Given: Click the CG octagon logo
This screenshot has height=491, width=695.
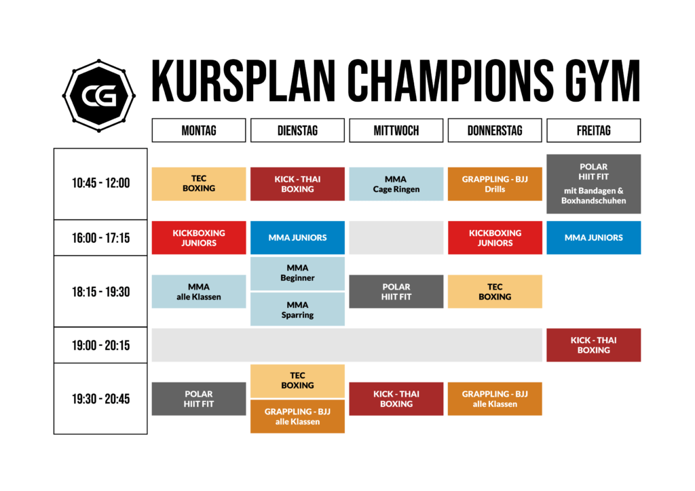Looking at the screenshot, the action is click(99, 96).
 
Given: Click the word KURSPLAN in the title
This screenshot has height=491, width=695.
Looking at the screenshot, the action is click(244, 81).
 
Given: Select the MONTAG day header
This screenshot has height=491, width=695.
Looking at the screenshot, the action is click(199, 131).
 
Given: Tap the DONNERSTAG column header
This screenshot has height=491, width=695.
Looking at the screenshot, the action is click(495, 131).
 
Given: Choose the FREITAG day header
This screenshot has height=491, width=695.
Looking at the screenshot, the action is click(593, 131).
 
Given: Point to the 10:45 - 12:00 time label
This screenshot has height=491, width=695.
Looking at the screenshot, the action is click(100, 183).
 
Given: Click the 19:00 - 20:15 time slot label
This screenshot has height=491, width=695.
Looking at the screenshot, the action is click(100, 345).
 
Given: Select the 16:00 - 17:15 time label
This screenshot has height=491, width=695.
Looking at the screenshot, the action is click(100, 238).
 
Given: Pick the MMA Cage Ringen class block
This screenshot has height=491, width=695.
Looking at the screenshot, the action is click(396, 184).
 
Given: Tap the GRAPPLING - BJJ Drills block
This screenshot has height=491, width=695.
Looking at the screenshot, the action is click(495, 184).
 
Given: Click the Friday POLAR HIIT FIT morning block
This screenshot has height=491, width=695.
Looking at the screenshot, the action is click(593, 184).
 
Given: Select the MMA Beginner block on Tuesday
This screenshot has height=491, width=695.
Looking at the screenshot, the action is click(297, 273).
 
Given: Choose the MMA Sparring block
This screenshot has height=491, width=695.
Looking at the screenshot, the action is click(297, 310).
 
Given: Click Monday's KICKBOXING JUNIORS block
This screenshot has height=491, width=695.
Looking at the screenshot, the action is click(199, 238).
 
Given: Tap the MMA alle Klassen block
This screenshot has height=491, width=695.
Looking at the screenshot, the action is click(199, 292).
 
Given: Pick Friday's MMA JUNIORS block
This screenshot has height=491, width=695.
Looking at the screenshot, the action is click(593, 238).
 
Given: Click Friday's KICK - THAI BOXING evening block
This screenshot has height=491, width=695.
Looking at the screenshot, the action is click(593, 345).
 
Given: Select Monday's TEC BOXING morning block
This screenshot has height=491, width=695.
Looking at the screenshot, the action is click(199, 184).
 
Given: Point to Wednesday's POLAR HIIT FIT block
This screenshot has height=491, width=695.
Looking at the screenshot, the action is click(396, 292).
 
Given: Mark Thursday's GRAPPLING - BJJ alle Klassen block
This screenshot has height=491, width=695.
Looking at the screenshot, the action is click(495, 399).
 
